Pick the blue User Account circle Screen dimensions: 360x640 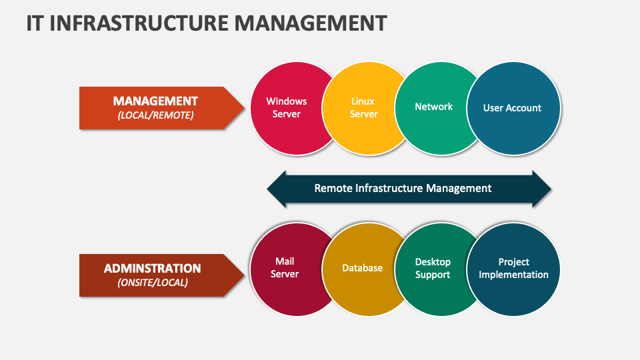click(512, 107)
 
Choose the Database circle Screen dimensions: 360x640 click(363, 268)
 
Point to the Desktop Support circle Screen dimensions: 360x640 click(433, 268)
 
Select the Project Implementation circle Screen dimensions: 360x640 click(513, 268)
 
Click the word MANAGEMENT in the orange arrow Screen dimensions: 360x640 click(155, 101)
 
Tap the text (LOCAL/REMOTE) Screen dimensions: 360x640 click(155, 115)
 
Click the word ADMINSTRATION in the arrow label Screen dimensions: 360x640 click(152, 269)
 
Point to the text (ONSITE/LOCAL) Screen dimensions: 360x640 click(153, 283)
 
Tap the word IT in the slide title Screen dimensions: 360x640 click(36, 23)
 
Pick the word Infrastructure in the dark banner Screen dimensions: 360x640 click(397, 188)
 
